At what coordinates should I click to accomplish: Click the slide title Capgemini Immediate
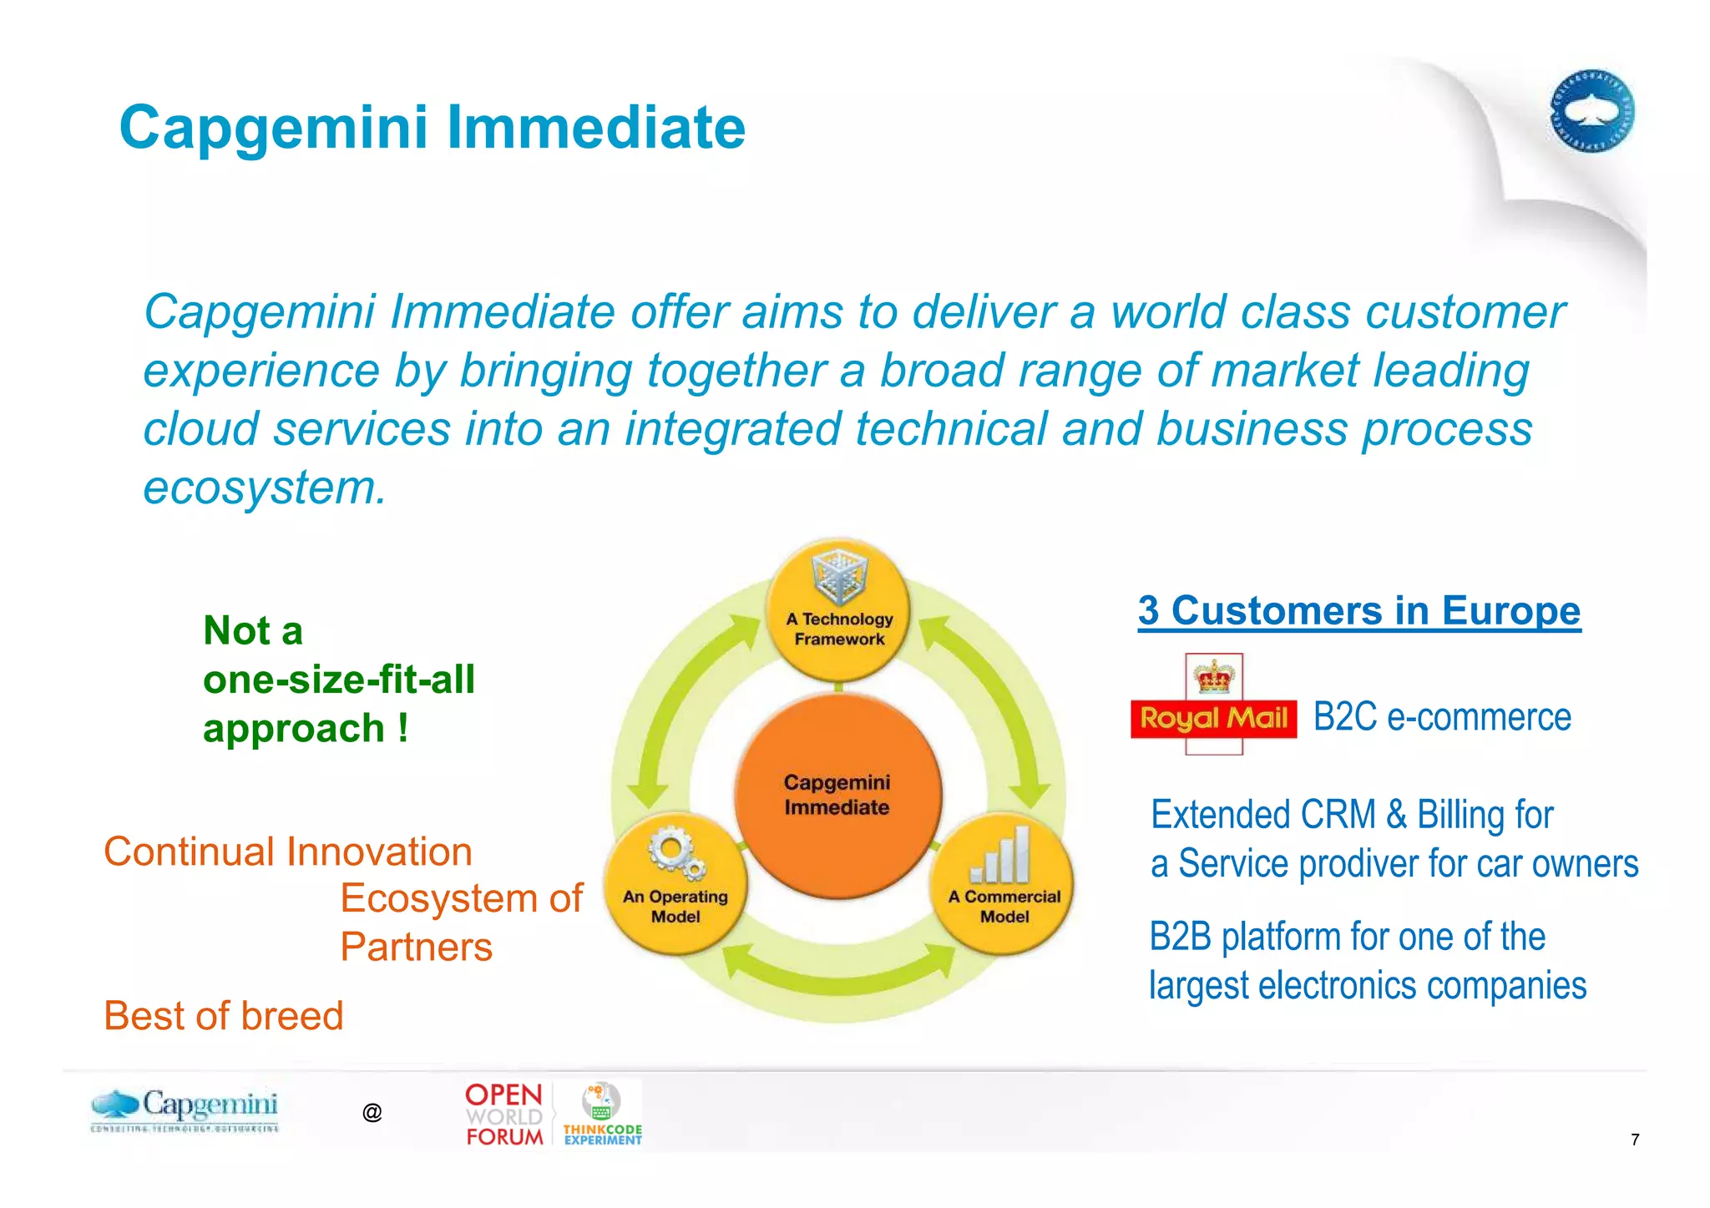pos(432,128)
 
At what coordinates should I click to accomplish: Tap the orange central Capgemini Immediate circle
pos(837,795)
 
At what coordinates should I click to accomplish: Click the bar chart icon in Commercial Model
pos(1001,855)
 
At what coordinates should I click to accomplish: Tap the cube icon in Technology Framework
pos(840,575)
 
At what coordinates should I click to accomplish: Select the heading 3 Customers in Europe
pos(1358,610)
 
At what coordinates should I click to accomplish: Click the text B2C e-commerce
pos(1442,717)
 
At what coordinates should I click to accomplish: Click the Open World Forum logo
pos(503,1115)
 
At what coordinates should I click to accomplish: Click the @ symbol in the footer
pos(372,1112)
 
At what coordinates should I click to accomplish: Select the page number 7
pos(1634,1140)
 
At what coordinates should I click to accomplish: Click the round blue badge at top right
pos(1591,111)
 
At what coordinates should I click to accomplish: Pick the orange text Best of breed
pos(223,1016)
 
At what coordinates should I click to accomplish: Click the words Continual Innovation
pos(288,852)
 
